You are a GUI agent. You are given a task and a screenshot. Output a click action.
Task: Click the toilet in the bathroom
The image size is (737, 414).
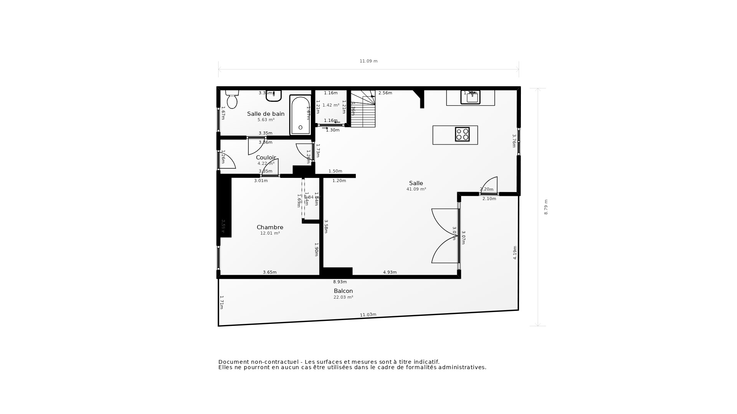(x=232, y=100)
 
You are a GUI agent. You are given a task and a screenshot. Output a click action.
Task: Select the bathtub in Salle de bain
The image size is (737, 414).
(x=300, y=115)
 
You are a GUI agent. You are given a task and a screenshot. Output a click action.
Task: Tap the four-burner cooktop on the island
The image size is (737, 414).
(x=462, y=135)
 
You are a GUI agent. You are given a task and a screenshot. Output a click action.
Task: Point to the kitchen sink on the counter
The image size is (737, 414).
(x=471, y=97)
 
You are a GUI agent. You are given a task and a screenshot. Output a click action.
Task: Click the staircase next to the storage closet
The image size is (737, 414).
(x=363, y=109)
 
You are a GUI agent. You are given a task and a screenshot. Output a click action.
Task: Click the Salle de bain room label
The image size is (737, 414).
(x=266, y=114)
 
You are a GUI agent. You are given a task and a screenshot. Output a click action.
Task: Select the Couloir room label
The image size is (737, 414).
(x=266, y=158)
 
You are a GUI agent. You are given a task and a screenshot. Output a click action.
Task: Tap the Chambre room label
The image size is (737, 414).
(x=270, y=227)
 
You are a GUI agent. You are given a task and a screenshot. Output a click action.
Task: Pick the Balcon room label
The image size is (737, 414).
(x=343, y=291)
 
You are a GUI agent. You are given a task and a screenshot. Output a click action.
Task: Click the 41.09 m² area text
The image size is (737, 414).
(x=416, y=189)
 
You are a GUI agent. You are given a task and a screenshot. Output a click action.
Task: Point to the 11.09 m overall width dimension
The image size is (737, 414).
(x=368, y=61)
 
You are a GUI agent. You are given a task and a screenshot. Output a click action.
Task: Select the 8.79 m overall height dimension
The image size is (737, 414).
(x=546, y=207)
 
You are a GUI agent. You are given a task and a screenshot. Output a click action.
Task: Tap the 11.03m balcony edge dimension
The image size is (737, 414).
(x=368, y=315)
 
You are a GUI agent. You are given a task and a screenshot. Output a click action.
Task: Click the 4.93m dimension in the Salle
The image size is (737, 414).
(x=390, y=272)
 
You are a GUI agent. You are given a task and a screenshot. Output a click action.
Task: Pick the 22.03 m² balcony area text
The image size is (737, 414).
(x=343, y=297)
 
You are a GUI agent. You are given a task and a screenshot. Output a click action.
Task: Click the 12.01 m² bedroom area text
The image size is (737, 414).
(x=270, y=233)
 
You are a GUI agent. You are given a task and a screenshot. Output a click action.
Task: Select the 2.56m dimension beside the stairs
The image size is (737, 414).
(x=385, y=93)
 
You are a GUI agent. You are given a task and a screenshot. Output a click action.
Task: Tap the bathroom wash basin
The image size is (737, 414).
(x=274, y=96)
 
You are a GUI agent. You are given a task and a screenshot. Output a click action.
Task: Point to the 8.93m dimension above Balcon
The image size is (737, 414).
(x=340, y=282)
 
